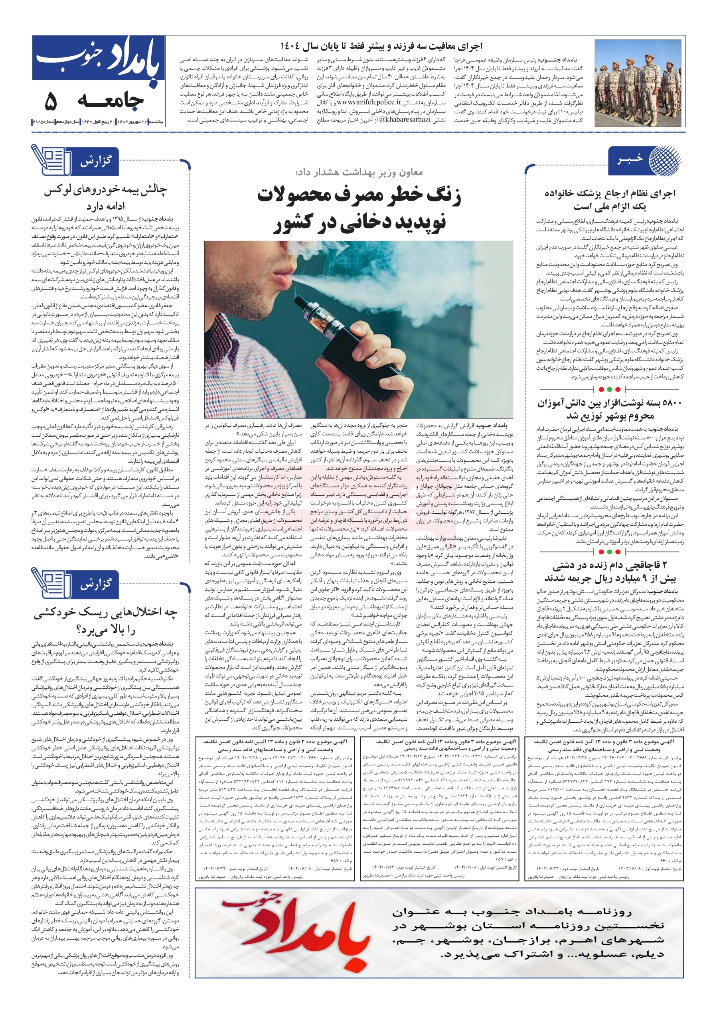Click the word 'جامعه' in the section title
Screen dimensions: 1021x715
111,102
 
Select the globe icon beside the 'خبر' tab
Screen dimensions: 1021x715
664,160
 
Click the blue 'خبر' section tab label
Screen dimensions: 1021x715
630,159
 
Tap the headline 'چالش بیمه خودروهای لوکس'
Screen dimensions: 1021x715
105,190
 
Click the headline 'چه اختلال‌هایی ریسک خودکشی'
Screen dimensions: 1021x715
105,613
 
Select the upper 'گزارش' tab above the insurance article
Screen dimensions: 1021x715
96,161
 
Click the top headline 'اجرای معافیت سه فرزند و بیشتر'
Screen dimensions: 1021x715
381,46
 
